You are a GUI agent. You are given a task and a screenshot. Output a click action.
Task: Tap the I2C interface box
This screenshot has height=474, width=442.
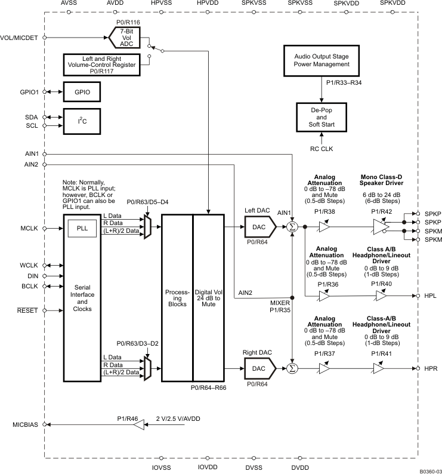click(x=81, y=122)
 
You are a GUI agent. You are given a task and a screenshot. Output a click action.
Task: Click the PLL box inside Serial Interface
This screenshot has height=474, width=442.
click(x=81, y=228)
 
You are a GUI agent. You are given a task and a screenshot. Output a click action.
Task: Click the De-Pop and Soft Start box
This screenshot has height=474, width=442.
click(x=322, y=116)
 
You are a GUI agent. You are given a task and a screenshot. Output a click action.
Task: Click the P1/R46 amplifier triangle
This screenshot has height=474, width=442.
click(x=138, y=425)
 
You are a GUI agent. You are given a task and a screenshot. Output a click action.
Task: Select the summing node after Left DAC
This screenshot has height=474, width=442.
click(x=292, y=227)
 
